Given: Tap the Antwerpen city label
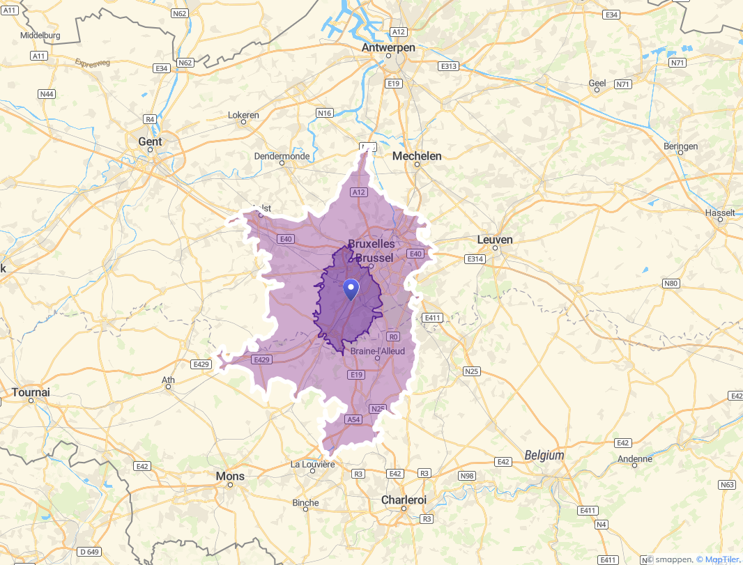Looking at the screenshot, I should pos(388,47).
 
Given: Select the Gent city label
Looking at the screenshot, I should pos(150,141).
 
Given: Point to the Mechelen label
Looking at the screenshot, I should pos(417,156).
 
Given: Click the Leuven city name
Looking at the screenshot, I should pos(495,240).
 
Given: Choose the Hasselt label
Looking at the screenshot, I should pos(720,212).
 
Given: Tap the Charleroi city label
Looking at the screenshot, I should pos(404,500).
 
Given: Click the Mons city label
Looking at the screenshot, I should pos(230,476).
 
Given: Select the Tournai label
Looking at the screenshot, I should pos(31,392).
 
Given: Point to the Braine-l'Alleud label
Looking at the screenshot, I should pos(377,352).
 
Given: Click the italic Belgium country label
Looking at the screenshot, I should pos(544,455).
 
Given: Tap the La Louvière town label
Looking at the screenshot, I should pos(313,464).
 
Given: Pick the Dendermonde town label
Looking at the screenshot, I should pos(282,156).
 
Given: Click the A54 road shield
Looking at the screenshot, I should pos(354,419).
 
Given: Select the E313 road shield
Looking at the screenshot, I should pos(448,66).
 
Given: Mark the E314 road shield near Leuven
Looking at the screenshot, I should pos(475,259).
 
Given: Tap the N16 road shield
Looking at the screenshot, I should pos(324,113).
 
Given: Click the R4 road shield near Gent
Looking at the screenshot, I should pos(149,119).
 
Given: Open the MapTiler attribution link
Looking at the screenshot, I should pos(719,559).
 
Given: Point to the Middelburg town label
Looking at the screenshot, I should pos(40,35).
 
